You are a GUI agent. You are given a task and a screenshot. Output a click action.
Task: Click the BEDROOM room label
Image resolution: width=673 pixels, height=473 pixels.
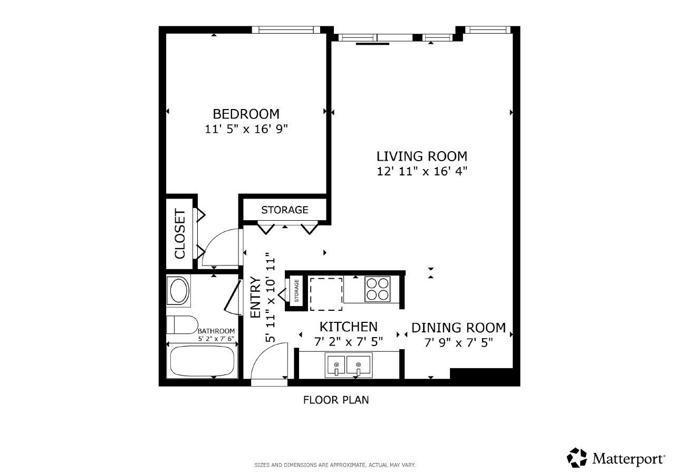click(x=246, y=114)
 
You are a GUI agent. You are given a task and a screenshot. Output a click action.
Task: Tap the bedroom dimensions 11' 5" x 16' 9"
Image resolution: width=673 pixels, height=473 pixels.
click(x=246, y=129)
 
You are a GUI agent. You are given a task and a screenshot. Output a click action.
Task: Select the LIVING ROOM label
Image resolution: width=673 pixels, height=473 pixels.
click(x=421, y=156)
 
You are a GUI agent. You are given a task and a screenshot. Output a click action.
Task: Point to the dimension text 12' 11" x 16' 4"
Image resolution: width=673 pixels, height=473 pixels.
click(x=421, y=171)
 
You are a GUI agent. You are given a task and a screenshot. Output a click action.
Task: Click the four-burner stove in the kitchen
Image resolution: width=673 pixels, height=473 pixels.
click(x=378, y=289)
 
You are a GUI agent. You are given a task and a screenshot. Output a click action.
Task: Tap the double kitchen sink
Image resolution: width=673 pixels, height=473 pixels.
click(x=349, y=364)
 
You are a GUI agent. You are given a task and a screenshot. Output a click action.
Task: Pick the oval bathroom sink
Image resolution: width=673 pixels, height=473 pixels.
click(x=178, y=290)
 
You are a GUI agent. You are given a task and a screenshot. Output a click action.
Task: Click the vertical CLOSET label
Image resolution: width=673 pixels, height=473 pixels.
click(x=180, y=234)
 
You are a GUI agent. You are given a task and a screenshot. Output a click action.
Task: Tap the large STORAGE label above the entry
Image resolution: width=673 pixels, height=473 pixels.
click(x=284, y=210)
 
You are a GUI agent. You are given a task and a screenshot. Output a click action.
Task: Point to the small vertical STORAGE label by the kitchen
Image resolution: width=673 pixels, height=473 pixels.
click(x=296, y=291)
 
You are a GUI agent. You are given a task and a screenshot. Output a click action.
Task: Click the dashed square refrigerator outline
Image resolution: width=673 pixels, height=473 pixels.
click(x=326, y=293)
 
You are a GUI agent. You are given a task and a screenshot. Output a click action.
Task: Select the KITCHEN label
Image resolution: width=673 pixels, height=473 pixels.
click(x=348, y=327)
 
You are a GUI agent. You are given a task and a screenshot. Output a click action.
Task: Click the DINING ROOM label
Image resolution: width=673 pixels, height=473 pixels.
click(x=458, y=328)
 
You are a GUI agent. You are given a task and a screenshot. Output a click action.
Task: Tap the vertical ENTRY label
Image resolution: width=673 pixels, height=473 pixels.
click(x=255, y=297)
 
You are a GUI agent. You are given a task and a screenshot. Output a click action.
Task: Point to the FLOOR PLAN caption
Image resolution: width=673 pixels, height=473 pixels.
click(x=335, y=400)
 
